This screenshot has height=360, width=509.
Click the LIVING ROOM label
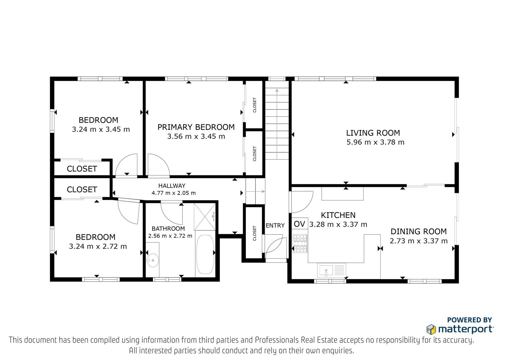[x=373, y=133]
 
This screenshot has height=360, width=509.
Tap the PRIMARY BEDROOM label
[x=196, y=127]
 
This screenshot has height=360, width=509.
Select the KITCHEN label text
[x=338, y=215]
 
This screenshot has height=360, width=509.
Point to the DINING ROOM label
[x=419, y=231]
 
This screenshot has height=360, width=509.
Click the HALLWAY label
[x=172, y=186]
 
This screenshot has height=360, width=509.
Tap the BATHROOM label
[x=168, y=229]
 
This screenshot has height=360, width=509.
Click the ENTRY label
[x=275, y=225]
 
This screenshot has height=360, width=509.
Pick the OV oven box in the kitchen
[x=299, y=224]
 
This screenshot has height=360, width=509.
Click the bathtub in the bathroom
[x=205, y=254]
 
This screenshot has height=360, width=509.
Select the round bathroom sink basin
[x=152, y=260]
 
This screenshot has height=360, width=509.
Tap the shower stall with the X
[x=205, y=217]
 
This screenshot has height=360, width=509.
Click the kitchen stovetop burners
[x=300, y=244]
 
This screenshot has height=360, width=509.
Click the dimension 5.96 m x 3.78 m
[x=375, y=142]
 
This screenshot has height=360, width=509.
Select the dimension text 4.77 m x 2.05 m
[x=174, y=193]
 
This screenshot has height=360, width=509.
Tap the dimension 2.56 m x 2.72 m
[x=170, y=236]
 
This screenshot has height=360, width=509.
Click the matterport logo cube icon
[x=431, y=329]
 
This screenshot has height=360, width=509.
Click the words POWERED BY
[x=470, y=320]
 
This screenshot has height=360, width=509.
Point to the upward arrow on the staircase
[x=277, y=124]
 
